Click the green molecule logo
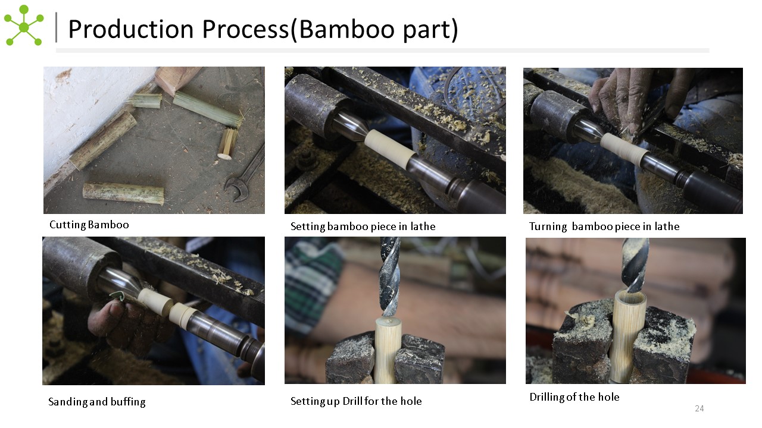pos(24,26)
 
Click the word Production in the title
pos(131,29)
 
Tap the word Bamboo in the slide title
pos(348,29)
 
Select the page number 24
pos(699,408)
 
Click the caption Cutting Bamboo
pos(89,225)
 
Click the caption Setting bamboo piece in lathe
pos(363,226)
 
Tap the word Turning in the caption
pos(548,226)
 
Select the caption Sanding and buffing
pos(97,402)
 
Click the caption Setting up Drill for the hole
pos(356,401)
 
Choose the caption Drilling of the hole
pos(574,396)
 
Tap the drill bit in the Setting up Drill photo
pos(390,277)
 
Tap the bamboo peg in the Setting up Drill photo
pos(388,350)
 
